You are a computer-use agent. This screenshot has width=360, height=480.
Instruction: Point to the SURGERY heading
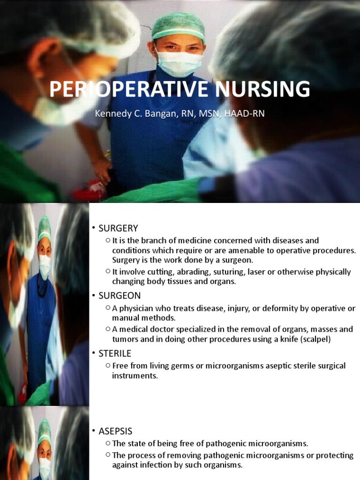pos(118,228)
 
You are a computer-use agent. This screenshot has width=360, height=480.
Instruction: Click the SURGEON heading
pos(120,296)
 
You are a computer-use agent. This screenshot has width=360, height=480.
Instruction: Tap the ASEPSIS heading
pos(115,431)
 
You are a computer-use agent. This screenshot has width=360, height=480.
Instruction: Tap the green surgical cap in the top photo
pos(178,24)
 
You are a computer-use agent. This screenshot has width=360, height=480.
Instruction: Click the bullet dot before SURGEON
pos(94,296)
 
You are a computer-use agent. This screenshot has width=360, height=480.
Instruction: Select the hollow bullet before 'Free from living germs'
pos(108,365)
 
